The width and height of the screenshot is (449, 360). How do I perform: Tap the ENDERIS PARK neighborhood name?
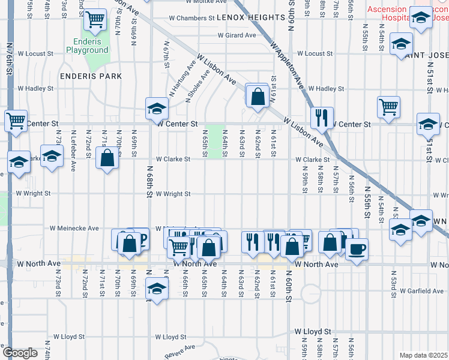point(91,76)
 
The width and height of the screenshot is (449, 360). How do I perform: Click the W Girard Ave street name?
point(237,35)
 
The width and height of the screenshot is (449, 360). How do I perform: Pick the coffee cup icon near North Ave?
point(357,249)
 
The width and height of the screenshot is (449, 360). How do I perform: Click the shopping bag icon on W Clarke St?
point(107,159)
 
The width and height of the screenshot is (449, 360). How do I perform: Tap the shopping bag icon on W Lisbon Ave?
point(258,96)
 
